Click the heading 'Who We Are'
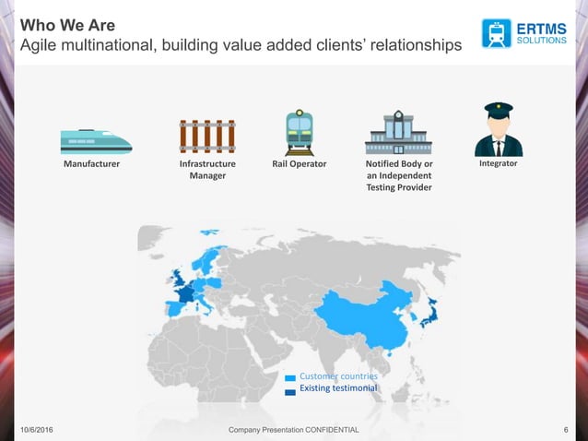point(61,24)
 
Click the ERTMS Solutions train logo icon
point(496,33)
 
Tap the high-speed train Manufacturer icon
point(96,140)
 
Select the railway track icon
point(206,137)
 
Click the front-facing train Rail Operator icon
point(300,133)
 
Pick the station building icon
point(398,133)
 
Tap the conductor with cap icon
point(498,130)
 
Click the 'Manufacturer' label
point(96,164)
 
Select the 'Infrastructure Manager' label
point(207,170)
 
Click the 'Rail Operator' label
point(300,164)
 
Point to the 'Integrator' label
point(498,163)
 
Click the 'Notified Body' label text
point(399,164)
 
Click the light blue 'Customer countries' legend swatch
point(289,377)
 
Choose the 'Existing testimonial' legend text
point(337,389)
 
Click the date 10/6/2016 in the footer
point(35,431)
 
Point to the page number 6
point(563,431)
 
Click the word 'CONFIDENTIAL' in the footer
point(328,431)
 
